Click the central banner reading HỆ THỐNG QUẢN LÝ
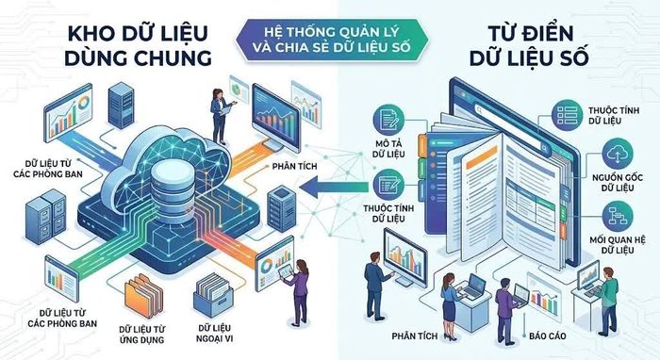[x=332, y=40]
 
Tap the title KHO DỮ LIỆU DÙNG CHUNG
[x=138, y=45]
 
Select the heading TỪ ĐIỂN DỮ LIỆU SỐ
[x=529, y=45]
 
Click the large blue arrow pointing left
[x=336, y=188]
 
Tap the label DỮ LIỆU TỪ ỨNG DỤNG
[x=141, y=335]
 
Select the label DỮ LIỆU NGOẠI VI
[x=215, y=333]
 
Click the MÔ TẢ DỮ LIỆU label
[x=388, y=149]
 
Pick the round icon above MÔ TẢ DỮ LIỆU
[x=388, y=120]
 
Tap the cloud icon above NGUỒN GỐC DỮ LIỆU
[x=618, y=154]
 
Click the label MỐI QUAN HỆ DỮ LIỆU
[x=617, y=245]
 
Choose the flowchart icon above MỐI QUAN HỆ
[x=618, y=216]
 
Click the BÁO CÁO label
[x=548, y=336]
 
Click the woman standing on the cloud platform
[x=221, y=116]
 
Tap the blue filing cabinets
[x=46, y=216]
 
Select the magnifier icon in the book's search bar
[x=544, y=148]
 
